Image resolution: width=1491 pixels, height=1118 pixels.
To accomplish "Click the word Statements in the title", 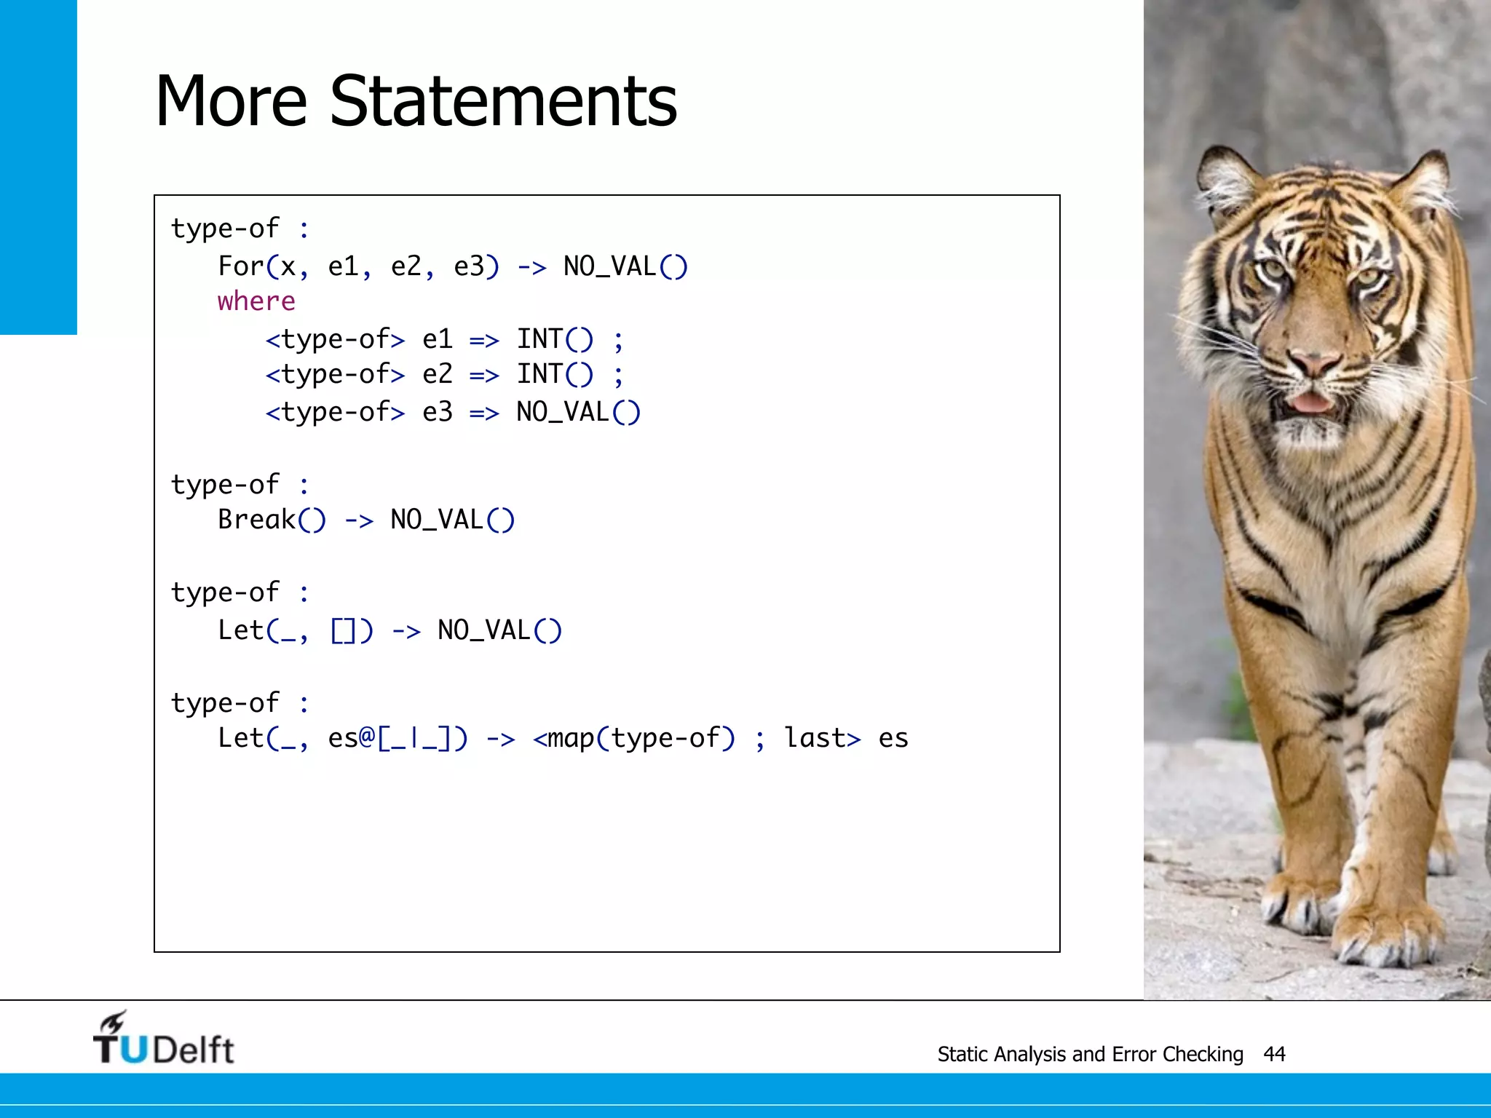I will [x=503, y=102].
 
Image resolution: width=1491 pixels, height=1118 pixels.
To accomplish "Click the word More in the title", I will [x=231, y=102].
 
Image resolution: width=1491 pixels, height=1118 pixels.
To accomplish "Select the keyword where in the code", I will [x=256, y=301].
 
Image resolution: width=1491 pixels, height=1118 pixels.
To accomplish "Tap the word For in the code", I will [x=240, y=266].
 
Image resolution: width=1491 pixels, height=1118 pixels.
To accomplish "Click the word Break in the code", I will [x=256, y=520].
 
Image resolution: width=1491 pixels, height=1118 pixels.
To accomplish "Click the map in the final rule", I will [x=570, y=738].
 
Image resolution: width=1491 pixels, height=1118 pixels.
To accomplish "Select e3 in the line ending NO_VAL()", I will [x=437, y=412].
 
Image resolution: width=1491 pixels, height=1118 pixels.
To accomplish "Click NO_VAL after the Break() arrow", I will [x=437, y=520].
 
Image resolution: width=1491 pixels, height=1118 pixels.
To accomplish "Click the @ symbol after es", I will [x=366, y=738].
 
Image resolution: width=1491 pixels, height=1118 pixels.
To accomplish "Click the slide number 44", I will [x=1274, y=1054].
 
